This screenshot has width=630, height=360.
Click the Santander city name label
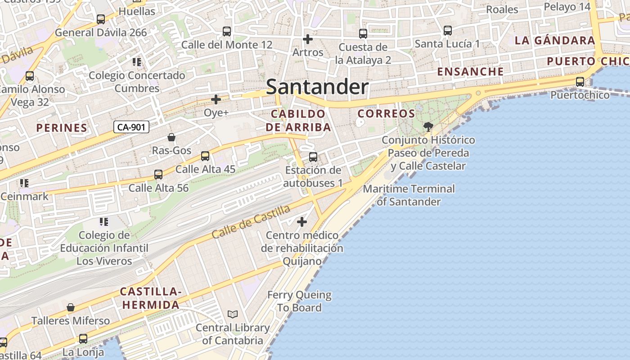coord(317,87)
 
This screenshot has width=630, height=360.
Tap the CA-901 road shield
coord(131,127)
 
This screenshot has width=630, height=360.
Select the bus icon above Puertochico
coord(580,82)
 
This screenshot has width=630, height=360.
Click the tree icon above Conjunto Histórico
coord(428,126)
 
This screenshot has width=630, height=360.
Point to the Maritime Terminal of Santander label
coord(409,195)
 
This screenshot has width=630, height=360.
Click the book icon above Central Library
coord(232,314)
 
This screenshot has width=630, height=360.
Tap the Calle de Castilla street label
coord(251,222)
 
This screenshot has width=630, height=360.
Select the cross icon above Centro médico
coord(302,222)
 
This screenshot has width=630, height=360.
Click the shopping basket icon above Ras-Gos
coord(171,137)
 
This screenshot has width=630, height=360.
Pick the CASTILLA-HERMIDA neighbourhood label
coord(151,298)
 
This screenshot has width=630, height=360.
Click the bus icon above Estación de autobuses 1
coord(313,157)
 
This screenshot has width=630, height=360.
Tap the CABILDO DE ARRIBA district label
coord(298,120)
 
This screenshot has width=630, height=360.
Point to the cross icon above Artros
coord(308,39)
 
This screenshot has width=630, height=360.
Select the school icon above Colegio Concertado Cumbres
coord(137,62)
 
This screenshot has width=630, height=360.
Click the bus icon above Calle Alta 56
coord(158,175)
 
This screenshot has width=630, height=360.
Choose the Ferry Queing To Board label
coord(299,301)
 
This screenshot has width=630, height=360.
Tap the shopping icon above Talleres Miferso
coord(71,308)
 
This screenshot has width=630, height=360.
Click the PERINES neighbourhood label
coord(62,128)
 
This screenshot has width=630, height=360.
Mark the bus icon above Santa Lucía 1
coord(447,31)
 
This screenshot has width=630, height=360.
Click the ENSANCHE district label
coord(470,72)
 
